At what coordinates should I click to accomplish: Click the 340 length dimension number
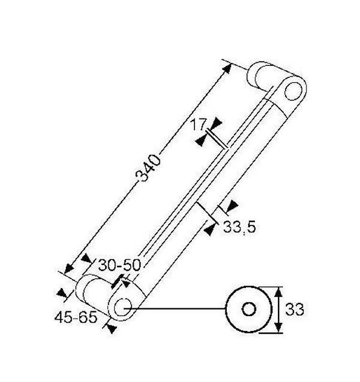click(149, 168)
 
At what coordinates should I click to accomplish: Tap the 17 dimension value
click(198, 125)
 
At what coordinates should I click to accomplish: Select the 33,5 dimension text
click(239, 227)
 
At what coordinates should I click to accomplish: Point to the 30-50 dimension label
click(119, 265)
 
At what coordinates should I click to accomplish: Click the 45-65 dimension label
click(76, 317)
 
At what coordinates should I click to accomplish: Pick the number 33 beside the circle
click(294, 310)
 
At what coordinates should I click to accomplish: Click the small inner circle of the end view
click(249, 309)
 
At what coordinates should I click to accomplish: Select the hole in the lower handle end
click(123, 306)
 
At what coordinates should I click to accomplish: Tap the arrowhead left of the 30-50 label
click(86, 259)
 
